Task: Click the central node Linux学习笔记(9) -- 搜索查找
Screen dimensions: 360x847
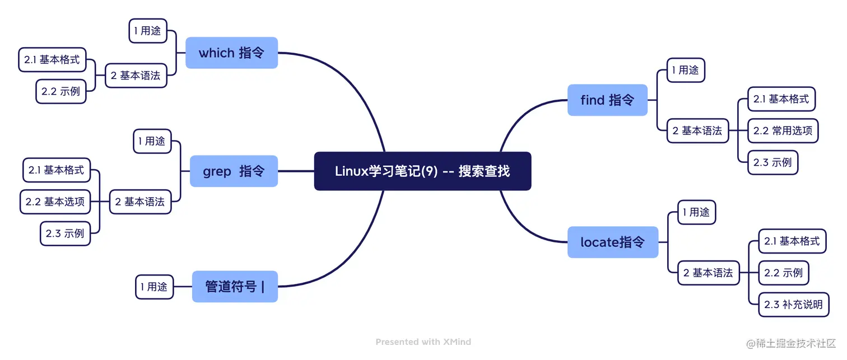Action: click(x=422, y=171)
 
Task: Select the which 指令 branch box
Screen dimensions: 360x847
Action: click(x=231, y=53)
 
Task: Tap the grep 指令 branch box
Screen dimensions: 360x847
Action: click(x=234, y=171)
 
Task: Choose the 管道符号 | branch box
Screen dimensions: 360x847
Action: click(x=235, y=287)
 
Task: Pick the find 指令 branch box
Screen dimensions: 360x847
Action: click(x=607, y=100)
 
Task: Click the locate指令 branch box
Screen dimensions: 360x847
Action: click(x=612, y=242)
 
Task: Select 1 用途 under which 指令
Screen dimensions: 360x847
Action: click(x=148, y=31)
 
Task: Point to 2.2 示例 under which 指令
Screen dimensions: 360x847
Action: click(x=61, y=91)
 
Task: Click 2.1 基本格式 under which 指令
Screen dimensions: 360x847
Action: click(x=52, y=60)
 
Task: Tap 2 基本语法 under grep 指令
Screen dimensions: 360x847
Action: click(x=140, y=202)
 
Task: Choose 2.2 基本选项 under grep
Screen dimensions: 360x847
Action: click(x=55, y=202)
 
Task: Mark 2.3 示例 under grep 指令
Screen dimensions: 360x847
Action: click(x=66, y=233)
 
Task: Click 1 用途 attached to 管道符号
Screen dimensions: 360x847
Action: click(x=154, y=287)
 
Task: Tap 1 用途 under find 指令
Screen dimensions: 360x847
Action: click(x=686, y=70)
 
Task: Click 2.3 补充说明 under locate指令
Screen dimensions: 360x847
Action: click(x=793, y=305)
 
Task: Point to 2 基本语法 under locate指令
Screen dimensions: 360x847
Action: click(x=708, y=273)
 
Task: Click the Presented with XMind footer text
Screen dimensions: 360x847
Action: click(x=423, y=342)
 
